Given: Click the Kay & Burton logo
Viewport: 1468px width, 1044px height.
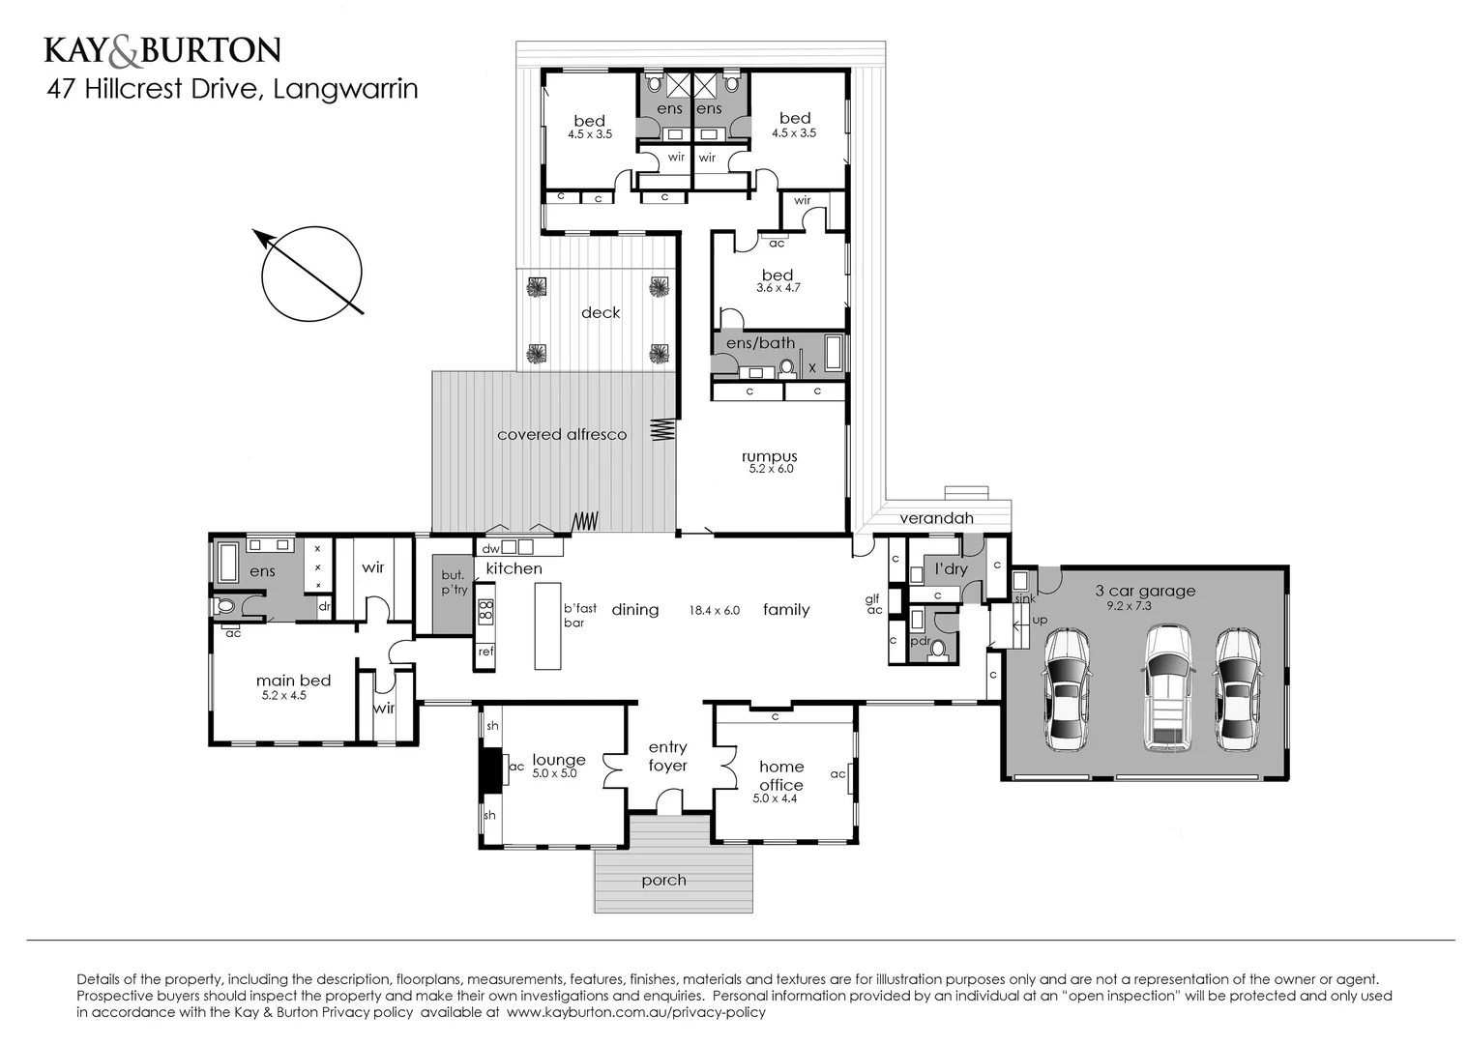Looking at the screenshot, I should [162, 49].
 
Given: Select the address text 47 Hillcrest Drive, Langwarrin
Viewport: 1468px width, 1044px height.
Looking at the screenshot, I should [233, 89].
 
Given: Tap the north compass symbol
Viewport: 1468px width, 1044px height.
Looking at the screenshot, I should [310, 273].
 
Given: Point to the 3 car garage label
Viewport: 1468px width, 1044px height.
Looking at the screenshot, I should [1144, 591].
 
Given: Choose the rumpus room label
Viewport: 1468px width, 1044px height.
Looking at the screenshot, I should [769, 456].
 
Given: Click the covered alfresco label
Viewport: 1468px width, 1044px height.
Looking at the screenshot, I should [561, 435].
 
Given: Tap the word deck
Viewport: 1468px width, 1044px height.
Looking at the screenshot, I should [600, 312].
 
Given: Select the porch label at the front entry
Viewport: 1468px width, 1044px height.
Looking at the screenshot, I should [663, 880].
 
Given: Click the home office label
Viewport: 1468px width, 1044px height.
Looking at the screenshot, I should [780, 775].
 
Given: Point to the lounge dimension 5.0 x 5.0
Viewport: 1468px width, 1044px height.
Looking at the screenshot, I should [554, 773].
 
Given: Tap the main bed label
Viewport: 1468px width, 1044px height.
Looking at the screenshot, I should [293, 681].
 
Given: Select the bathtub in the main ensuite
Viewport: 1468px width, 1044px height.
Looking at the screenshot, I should [228, 562].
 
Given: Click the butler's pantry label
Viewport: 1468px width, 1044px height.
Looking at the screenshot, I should [454, 583].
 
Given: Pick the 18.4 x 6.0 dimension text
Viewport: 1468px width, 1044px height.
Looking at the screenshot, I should [714, 610].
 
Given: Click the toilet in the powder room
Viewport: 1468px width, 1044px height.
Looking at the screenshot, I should [935, 649].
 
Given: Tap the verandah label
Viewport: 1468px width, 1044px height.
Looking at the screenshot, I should [936, 518].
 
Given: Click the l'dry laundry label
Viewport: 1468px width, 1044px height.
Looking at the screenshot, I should [951, 568].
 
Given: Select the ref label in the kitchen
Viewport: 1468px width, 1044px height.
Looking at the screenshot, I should [485, 652].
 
